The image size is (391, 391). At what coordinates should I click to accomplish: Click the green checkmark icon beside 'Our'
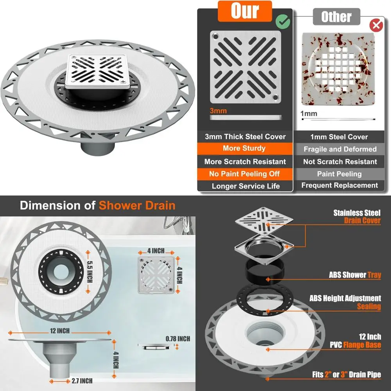point(283,22)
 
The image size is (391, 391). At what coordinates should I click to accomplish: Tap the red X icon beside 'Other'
point(376,26)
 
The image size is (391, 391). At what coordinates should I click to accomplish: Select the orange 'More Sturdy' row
point(244,149)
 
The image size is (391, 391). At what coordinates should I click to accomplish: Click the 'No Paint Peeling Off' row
point(244,174)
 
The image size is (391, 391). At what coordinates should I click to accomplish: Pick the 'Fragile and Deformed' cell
point(340,149)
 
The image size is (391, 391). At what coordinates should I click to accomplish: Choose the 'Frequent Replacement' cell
point(340,185)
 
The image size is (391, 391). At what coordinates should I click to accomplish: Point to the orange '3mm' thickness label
point(218,111)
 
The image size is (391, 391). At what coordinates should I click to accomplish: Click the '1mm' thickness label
point(308,114)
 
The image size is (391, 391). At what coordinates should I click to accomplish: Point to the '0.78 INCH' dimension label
point(178,339)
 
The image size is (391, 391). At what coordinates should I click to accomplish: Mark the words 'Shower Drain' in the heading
point(137,206)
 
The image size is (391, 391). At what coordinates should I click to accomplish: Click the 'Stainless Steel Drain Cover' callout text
point(357,217)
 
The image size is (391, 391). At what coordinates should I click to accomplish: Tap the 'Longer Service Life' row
point(246,186)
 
